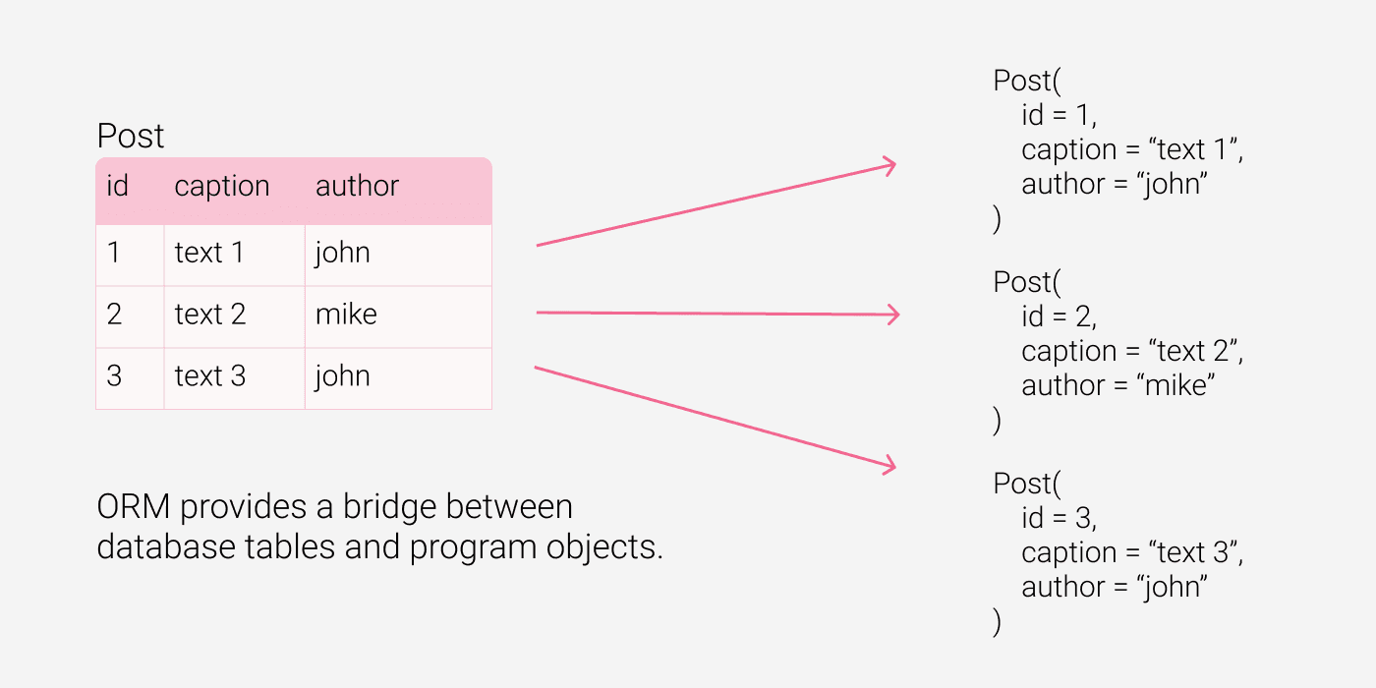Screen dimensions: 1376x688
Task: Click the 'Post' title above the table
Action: point(130,136)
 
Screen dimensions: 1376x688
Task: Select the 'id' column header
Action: point(117,186)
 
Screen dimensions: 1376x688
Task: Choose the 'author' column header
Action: point(357,186)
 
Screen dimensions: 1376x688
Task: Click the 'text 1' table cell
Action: point(208,253)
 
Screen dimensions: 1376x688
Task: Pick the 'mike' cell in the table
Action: point(346,314)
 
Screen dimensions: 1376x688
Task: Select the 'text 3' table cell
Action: point(210,375)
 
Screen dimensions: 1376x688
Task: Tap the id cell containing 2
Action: point(114,314)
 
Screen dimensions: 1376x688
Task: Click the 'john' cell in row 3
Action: point(342,376)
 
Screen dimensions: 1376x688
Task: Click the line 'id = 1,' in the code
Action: point(1059,116)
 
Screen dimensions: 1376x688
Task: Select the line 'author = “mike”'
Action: point(1118,385)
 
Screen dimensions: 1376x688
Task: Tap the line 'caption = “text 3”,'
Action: point(1132,553)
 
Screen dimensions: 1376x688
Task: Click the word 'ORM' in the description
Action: point(133,507)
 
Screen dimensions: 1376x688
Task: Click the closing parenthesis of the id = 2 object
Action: point(997,421)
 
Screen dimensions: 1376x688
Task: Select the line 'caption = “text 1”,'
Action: point(1132,150)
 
